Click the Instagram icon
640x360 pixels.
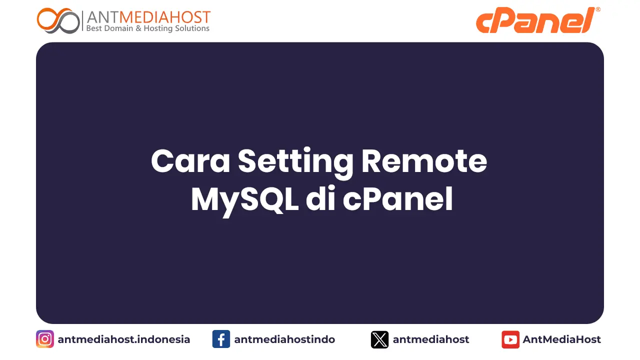coord(45,339)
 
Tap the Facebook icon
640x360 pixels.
coord(221,339)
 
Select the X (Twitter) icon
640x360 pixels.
coord(379,339)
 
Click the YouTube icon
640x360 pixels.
coord(510,339)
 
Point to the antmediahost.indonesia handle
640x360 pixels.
coord(124,339)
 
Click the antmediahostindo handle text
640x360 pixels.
coord(284,339)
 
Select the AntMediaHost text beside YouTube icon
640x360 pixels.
coord(562,339)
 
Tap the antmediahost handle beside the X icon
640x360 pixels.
coord(431,339)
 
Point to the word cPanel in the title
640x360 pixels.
coord(398,200)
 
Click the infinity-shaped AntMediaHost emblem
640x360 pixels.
coord(58,20)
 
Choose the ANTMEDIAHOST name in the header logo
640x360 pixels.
coord(148,17)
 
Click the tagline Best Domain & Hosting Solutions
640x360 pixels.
coord(148,29)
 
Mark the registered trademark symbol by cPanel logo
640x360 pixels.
coord(598,9)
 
